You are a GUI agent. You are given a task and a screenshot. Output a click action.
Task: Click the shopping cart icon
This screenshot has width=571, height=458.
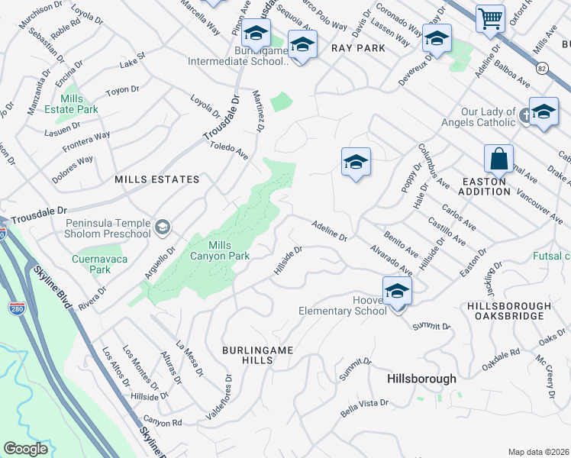490,18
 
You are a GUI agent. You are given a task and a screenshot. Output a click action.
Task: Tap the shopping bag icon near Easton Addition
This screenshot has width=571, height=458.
498,159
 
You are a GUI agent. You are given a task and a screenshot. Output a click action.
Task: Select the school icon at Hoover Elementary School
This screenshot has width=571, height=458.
397,292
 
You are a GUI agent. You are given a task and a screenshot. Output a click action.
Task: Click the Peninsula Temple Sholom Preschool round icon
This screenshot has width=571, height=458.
163,227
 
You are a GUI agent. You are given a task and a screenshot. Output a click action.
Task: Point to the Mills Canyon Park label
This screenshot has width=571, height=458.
229,250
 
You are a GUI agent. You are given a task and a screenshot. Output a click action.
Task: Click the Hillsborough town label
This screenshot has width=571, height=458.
421,379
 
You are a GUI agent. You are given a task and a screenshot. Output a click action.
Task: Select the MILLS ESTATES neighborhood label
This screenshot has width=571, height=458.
156,179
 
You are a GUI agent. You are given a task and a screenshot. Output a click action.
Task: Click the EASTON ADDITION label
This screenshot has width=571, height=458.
486,186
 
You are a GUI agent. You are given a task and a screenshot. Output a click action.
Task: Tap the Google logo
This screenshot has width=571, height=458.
26,449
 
